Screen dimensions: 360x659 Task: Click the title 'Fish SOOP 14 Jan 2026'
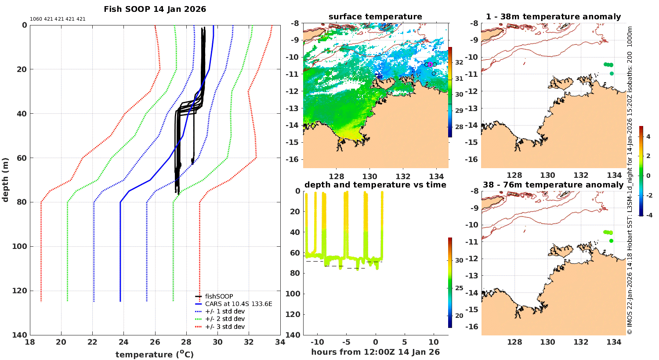pyautogui.click(x=155, y=9)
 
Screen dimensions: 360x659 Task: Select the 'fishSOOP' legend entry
pyautogui.click(x=219, y=296)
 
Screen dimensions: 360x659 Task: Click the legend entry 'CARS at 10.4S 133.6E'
pyautogui.click(x=239, y=304)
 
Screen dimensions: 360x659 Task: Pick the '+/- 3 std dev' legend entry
pyautogui.click(x=224, y=327)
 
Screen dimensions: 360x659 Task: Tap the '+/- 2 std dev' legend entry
pyautogui.click(x=224, y=319)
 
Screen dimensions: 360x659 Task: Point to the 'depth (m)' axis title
pyautogui.click(x=5, y=180)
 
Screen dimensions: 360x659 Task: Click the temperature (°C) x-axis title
pyautogui.click(x=154, y=354)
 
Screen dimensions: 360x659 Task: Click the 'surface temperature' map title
pyautogui.click(x=375, y=17)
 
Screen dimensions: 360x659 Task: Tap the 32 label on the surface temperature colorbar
pyautogui.click(x=459, y=62)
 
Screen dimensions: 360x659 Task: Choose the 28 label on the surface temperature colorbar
pyautogui.click(x=459, y=127)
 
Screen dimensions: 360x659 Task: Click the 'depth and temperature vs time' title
pyautogui.click(x=375, y=185)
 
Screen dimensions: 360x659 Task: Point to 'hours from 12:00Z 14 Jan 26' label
pyautogui.click(x=375, y=352)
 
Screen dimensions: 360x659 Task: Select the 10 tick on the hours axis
pyautogui.click(x=434, y=342)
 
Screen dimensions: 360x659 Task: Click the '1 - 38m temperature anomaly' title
pyautogui.click(x=553, y=17)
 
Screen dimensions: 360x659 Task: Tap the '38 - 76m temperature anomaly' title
pyautogui.click(x=553, y=185)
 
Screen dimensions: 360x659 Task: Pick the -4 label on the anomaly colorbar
pyautogui.click(x=648, y=215)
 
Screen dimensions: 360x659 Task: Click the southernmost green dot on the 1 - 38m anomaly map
pyautogui.click(x=612, y=74)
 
